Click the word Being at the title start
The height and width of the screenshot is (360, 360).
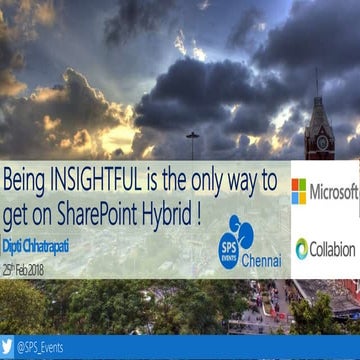click(27, 182)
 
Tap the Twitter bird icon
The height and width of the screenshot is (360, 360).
click(8, 347)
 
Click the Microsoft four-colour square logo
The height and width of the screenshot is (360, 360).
click(299, 191)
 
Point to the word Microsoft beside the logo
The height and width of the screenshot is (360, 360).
click(334, 191)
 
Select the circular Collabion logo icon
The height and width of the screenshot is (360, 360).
click(301, 248)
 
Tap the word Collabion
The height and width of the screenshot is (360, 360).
click(332, 249)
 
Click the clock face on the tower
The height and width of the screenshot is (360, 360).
click(321, 140)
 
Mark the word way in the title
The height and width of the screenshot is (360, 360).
click(249, 182)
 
